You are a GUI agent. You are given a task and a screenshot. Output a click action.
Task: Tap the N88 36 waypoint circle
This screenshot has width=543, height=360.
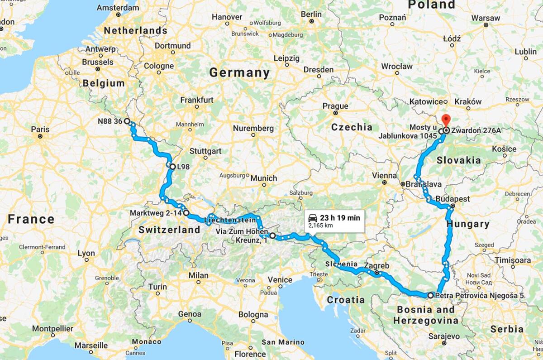(x=127, y=121)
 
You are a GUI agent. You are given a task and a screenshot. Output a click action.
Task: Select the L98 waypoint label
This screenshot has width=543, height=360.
(x=183, y=167)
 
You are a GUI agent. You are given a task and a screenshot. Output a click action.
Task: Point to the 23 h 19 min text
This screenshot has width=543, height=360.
(x=340, y=218)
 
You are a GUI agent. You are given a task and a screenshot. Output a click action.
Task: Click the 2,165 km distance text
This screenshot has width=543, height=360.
(x=320, y=225)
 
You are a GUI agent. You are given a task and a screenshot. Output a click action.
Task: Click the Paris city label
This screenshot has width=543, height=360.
(x=40, y=129)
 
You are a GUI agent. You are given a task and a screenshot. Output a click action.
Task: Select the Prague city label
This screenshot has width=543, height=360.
(x=335, y=106)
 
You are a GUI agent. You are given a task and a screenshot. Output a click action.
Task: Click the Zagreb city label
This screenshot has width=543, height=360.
(x=376, y=266)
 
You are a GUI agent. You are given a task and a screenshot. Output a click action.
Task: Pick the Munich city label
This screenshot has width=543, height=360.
(x=264, y=178)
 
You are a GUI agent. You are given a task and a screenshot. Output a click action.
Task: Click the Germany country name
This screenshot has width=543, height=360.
(x=239, y=72)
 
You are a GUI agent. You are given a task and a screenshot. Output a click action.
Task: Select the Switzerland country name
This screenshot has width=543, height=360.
(x=169, y=230)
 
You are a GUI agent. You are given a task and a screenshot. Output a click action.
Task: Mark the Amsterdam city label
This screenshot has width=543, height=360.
(x=118, y=8)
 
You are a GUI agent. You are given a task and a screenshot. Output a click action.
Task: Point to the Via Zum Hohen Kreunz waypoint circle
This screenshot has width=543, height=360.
(x=272, y=235)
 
